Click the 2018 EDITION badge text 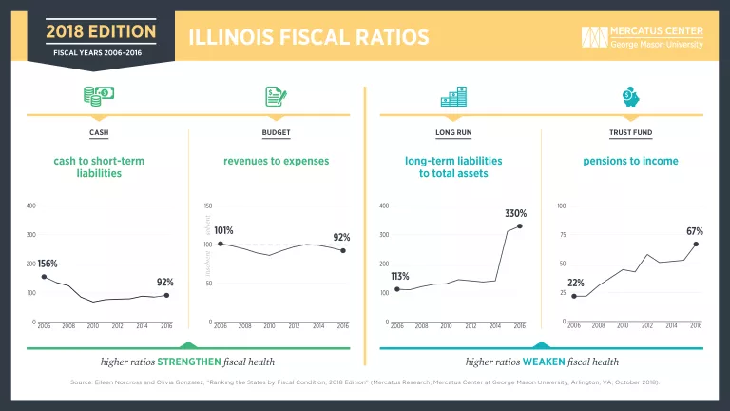tap(101, 32)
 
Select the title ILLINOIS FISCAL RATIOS tap(309, 37)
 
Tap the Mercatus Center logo tap(643, 37)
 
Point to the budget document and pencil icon tap(276, 96)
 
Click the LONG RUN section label tap(452, 132)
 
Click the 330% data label tap(515, 213)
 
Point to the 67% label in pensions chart tap(694, 231)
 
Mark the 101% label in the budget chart tap(223, 230)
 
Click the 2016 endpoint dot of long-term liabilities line tap(520, 226)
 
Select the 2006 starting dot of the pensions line tap(574, 296)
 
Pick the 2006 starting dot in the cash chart tap(44, 277)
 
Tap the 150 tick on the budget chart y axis tap(208, 205)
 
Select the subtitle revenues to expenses tap(276, 161)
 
